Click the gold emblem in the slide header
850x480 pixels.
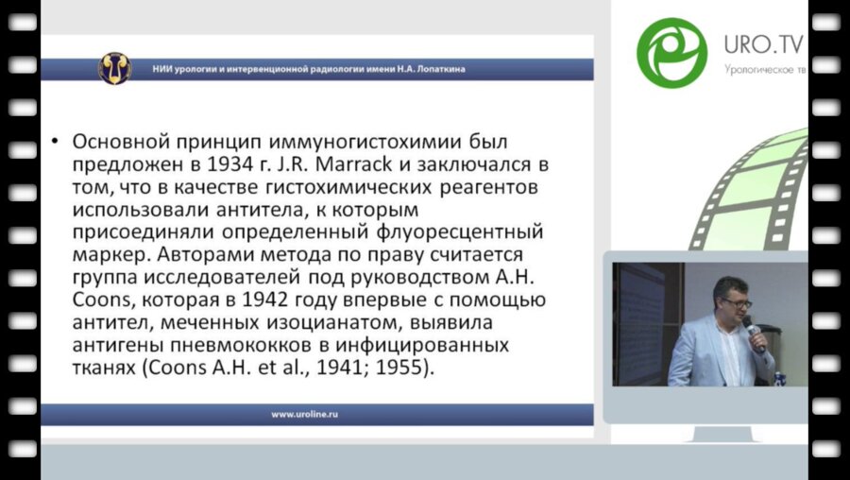[x=115, y=67]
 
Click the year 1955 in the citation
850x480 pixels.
[x=406, y=369]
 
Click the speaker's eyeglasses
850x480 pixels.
[x=735, y=303]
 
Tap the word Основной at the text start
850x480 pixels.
[x=117, y=141]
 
